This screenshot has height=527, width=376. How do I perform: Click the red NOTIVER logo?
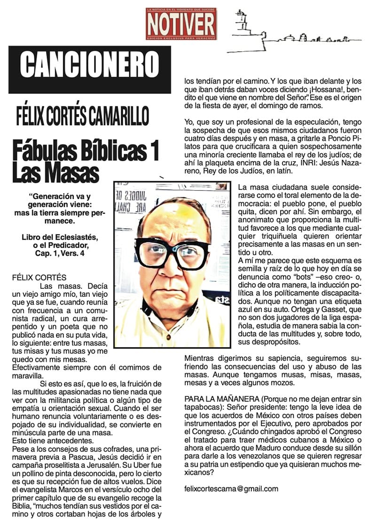click(x=181, y=23)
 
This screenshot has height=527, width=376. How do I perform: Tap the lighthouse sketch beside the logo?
click(x=241, y=21)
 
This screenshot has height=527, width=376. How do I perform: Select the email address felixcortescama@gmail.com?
click(x=231, y=488)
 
